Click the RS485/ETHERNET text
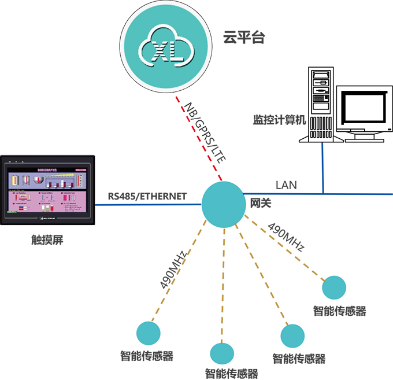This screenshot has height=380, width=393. click(147, 196)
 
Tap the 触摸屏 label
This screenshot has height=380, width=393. click(47, 239)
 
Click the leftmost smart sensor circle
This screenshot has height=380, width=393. click(148, 333)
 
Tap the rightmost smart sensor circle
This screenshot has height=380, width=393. click(334, 287)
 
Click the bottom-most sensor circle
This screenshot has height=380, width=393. click(221, 353)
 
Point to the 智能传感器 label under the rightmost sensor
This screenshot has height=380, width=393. click(340, 311)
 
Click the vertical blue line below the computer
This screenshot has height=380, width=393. click(323, 168)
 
